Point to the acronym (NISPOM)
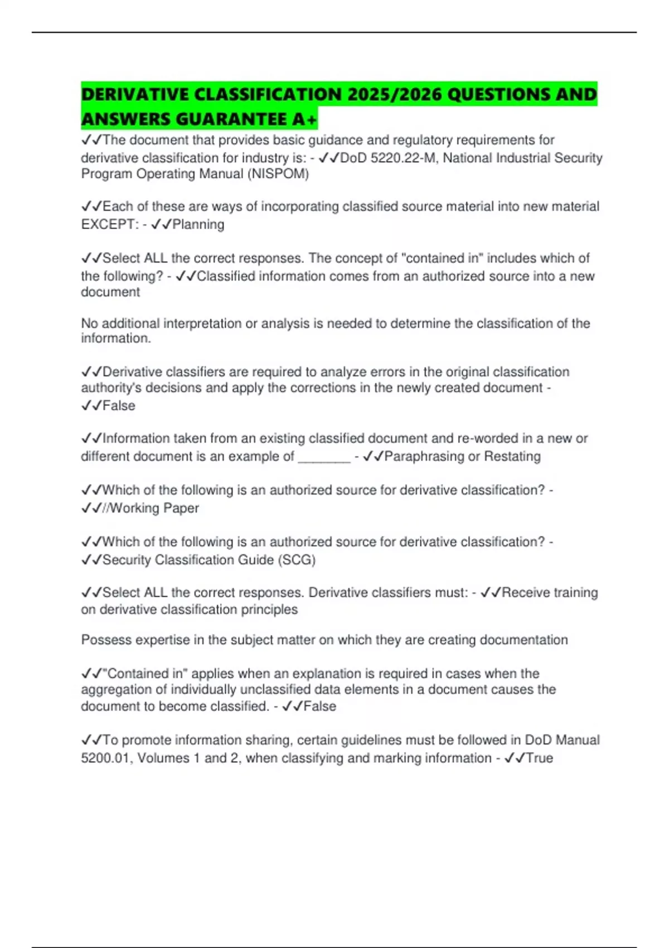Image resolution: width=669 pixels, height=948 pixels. [x=278, y=174]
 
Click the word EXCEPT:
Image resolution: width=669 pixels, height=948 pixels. [x=110, y=224]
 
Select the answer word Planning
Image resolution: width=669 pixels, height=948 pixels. [x=198, y=224]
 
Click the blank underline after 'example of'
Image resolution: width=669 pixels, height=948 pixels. [x=324, y=457]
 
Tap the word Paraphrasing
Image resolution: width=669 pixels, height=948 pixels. [x=424, y=457]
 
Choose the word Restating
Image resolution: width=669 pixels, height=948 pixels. [x=512, y=457]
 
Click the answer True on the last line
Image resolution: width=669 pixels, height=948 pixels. [x=539, y=758]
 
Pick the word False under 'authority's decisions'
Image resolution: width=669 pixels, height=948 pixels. [x=119, y=405]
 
